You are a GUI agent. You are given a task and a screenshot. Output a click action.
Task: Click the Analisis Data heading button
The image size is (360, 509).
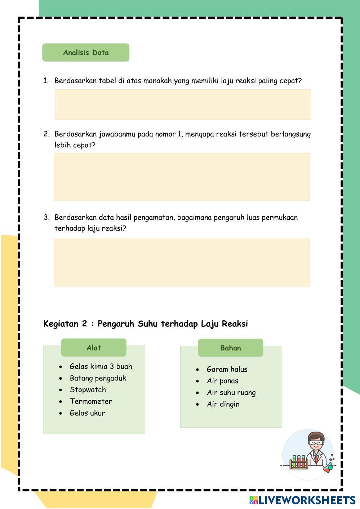pos(86,53)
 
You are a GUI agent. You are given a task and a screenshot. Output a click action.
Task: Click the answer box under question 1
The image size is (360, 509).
pos(183,104)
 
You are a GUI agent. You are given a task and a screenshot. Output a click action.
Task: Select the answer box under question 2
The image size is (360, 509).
pos(182,177)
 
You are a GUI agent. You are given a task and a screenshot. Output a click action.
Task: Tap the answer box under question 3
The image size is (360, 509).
pos(182,262)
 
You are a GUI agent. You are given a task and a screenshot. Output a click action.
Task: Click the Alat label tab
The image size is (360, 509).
pos(94,348)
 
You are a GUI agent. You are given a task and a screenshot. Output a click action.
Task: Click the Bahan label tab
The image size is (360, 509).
pos(230,348)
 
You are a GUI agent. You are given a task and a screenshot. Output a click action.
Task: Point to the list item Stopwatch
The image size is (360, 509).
pos(88,390)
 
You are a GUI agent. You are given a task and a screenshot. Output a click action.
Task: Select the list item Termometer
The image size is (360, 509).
pos(91,401)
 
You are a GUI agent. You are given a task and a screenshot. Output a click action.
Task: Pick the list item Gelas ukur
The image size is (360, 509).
pos(87,413)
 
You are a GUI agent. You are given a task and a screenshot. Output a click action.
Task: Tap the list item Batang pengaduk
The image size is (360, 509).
pos(98,378)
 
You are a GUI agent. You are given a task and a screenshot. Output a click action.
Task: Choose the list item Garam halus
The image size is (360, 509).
pos(227,369)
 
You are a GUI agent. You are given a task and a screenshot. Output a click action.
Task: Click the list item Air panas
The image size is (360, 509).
pos(222,381)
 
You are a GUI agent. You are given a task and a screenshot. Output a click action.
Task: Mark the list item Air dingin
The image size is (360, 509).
pos(223,404)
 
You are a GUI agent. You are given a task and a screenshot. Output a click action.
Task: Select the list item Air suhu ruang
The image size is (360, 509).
pos(231,393)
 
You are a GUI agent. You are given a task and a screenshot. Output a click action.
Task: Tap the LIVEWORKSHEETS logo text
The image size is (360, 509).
pos(307,500)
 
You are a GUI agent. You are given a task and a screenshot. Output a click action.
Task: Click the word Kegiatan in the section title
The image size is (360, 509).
pos(61,324)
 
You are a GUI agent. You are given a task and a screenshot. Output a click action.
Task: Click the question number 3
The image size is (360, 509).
pos(46,218)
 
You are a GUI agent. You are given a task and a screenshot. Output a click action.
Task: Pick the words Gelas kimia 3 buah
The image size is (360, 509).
pos(101,366)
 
